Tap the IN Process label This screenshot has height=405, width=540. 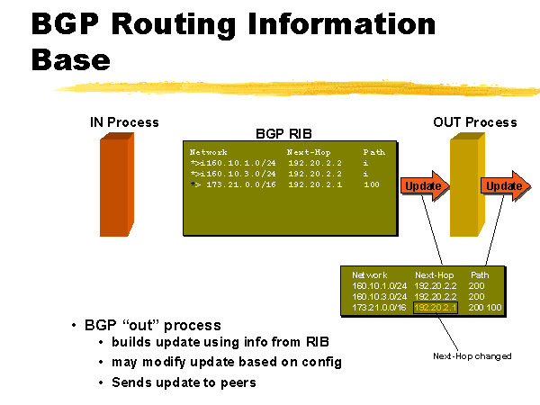(124, 122)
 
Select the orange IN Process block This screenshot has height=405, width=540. (116, 184)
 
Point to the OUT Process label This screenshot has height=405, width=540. (474, 122)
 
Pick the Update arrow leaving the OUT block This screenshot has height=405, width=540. (503, 185)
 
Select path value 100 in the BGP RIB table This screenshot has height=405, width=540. (372, 184)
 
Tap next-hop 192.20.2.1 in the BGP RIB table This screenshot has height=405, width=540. (314, 184)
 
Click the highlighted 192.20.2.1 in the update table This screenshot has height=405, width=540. (436, 308)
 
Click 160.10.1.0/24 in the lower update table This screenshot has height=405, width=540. (379, 284)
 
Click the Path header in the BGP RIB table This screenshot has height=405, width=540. (373, 152)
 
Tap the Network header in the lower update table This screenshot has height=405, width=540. (370, 274)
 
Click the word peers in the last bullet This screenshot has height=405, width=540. (238, 382)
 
